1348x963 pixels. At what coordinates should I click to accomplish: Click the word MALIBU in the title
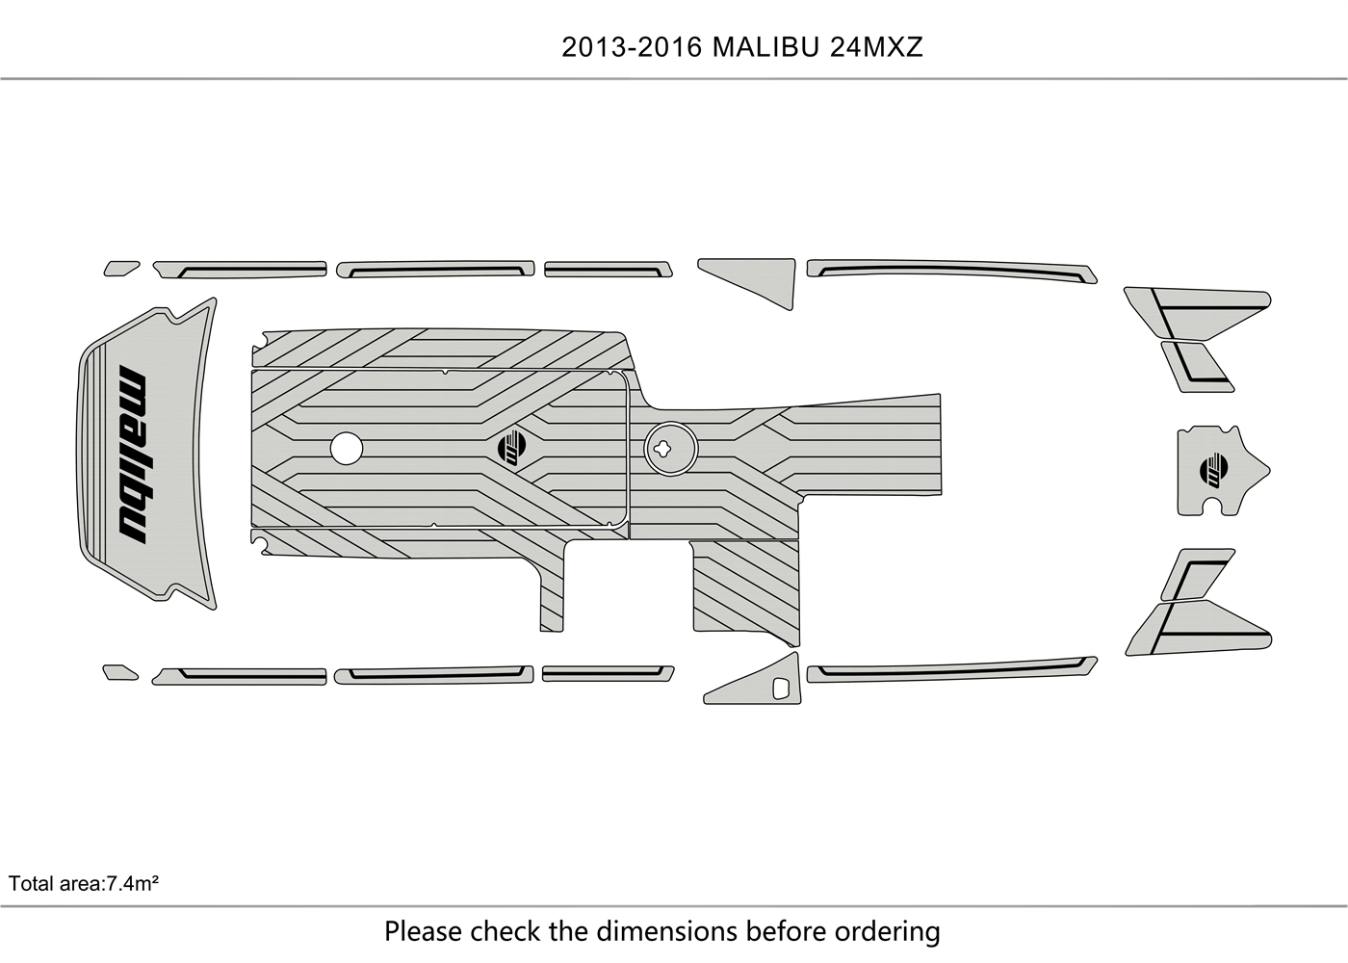(x=766, y=47)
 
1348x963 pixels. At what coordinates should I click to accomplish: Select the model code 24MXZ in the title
(x=876, y=47)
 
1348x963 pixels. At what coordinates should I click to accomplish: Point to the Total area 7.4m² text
(x=84, y=882)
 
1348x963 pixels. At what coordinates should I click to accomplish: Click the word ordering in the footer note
(x=887, y=931)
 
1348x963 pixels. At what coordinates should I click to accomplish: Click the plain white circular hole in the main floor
(x=346, y=447)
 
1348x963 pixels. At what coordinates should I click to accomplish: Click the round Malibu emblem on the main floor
(x=513, y=447)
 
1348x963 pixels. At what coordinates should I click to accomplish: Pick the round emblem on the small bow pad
(x=1214, y=471)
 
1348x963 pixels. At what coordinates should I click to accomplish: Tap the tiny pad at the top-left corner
(x=120, y=268)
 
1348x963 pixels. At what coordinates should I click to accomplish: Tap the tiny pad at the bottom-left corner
(x=120, y=671)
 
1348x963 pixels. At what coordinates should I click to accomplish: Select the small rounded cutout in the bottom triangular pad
(x=782, y=689)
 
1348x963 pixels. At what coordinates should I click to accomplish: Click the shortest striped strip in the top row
(x=607, y=268)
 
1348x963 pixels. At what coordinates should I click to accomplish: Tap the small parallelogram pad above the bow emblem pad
(x=1197, y=366)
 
